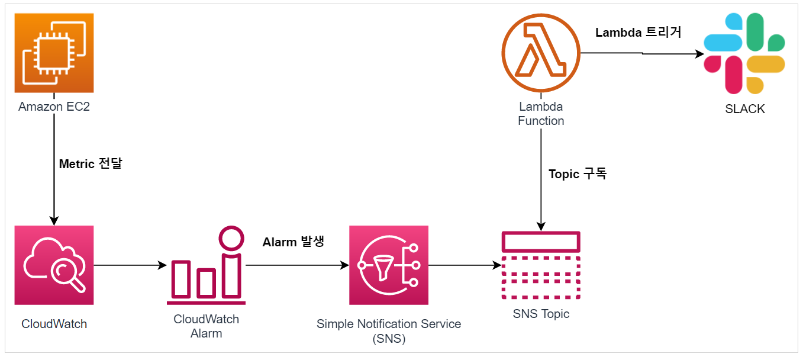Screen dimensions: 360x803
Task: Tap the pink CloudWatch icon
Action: pyautogui.click(x=54, y=265)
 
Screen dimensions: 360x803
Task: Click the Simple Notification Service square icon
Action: pyautogui.click(x=388, y=265)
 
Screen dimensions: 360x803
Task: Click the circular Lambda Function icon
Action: pyautogui.click(x=541, y=53)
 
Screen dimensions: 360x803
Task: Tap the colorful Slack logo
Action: pyautogui.click(x=744, y=54)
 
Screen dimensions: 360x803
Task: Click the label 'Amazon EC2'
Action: pyautogui.click(x=54, y=107)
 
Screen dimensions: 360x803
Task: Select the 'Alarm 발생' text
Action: pyautogui.click(x=294, y=242)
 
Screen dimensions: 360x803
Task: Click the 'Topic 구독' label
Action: pyautogui.click(x=578, y=174)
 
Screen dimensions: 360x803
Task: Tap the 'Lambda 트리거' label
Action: pyautogui.click(x=638, y=33)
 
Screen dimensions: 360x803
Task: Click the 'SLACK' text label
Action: pyautogui.click(x=744, y=109)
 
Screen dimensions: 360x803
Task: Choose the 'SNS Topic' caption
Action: pyautogui.click(x=541, y=314)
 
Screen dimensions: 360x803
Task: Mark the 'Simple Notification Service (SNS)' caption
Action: pyautogui.click(x=388, y=331)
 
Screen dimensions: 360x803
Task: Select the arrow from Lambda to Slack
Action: pyautogui.click(x=642, y=53)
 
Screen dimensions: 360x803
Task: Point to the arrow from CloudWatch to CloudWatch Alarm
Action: pyautogui.click(x=130, y=265)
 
